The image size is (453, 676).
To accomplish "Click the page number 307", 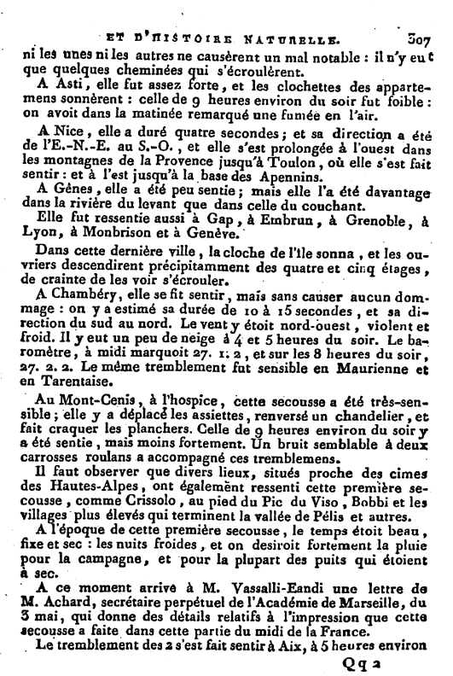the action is click(x=421, y=38).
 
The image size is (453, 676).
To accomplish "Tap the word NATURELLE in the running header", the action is click(x=297, y=38).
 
